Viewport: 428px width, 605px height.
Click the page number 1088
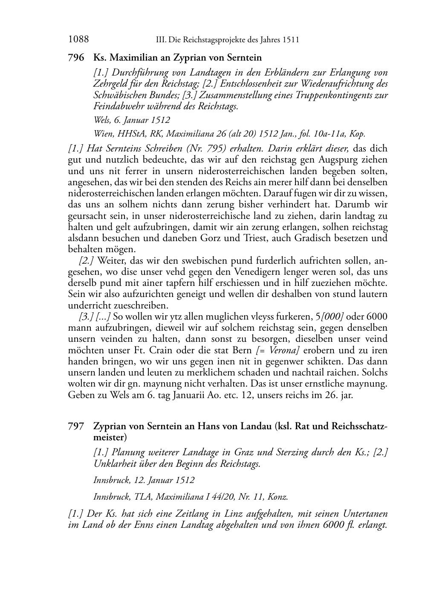coord(78,40)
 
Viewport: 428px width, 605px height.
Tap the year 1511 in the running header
coord(289,40)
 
